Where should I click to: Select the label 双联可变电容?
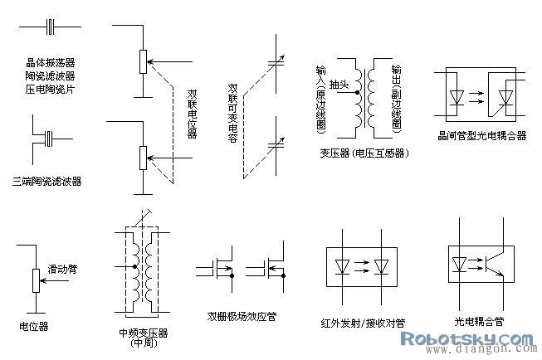234,113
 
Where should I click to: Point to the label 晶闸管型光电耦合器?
482,134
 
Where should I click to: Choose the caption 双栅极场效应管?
242,315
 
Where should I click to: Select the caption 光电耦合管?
480,320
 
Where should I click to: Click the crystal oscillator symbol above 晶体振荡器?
51,29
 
